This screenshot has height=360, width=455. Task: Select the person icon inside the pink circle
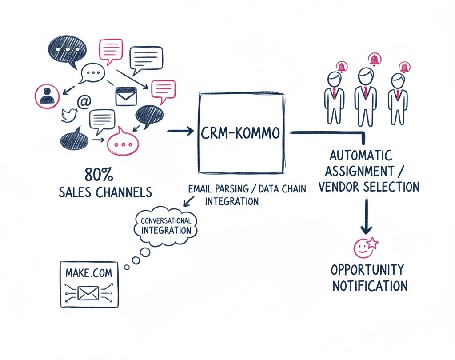(47, 95)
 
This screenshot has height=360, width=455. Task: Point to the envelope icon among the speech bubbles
(125, 96)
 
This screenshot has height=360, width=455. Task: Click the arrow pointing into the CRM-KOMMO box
(181, 131)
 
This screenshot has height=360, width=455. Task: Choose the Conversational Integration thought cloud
(166, 226)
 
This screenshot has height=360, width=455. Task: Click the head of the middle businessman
(365, 76)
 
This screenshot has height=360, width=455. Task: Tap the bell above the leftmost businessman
(342, 67)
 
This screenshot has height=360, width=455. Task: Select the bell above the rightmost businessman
(404, 68)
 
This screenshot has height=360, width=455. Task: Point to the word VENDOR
(341, 187)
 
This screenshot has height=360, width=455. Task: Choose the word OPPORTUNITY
(368, 270)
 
